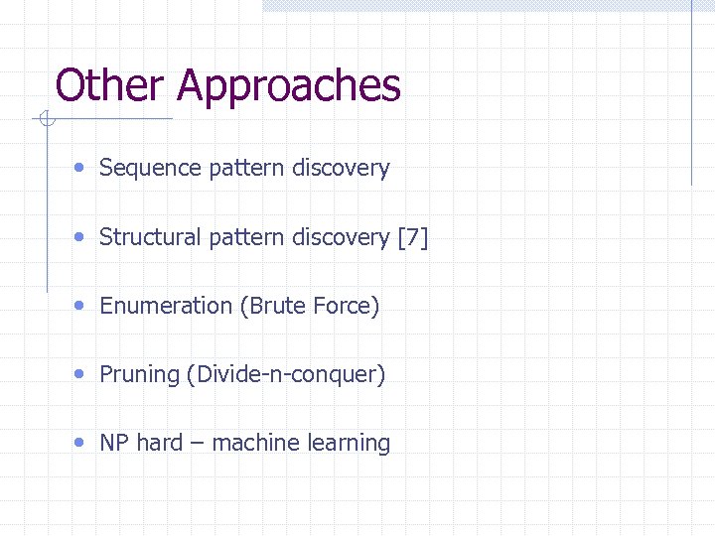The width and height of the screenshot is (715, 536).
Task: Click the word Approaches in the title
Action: click(289, 87)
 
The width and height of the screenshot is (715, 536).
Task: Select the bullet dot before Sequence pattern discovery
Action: click(79, 168)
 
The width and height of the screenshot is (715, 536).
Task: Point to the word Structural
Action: click(151, 237)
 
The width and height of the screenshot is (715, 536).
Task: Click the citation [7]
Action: click(412, 237)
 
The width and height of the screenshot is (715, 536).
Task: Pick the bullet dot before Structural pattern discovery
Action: click(79, 237)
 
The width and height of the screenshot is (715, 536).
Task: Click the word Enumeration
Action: click(166, 306)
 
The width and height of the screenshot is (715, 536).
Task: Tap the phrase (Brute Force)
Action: click(310, 306)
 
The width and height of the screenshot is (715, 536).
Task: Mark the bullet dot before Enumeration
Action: click(79, 306)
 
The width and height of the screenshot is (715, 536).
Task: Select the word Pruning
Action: click(139, 374)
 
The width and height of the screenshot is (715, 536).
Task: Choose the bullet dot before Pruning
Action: click(79, 374)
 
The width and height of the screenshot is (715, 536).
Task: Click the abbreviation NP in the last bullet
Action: click(114, 443)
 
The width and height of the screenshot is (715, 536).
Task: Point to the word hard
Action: click(159, 443)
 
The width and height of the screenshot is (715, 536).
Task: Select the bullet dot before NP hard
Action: click(79, 443)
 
